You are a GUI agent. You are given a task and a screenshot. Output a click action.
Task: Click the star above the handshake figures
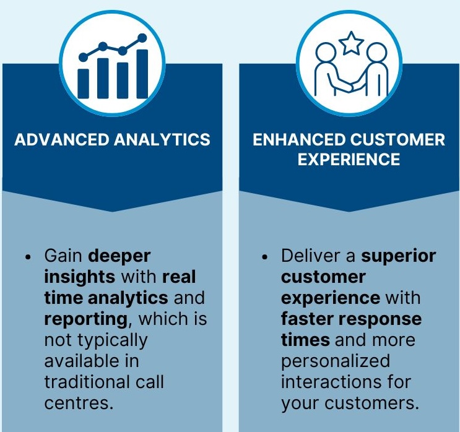click(351, 43)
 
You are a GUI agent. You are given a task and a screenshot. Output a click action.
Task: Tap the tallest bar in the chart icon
click(142, 74)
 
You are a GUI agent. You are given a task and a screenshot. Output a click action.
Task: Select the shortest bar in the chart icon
click(83, 84)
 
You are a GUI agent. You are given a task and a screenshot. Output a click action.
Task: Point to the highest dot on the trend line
click(142, 38)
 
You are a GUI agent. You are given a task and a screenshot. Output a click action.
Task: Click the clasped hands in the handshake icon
click(352, 85)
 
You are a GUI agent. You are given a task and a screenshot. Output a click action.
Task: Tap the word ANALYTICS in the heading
click(162, 139)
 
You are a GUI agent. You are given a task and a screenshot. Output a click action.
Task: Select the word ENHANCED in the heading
click(299, 139)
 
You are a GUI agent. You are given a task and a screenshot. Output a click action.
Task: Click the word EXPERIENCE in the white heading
click(349, 159)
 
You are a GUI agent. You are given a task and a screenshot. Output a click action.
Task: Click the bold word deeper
click(119, 257)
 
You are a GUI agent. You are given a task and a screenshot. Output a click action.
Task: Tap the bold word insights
click(79, 277)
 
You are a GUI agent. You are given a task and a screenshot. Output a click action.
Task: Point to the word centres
click(79, 403)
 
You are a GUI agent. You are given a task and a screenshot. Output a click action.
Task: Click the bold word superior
click(398, 257)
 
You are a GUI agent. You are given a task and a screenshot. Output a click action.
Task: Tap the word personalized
click(336, 361)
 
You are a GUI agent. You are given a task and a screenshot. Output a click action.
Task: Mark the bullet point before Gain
click(28, 257)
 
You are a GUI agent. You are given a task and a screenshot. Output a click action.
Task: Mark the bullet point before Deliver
click(265, 257)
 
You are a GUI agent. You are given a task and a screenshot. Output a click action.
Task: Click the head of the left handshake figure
click(326, 53)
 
